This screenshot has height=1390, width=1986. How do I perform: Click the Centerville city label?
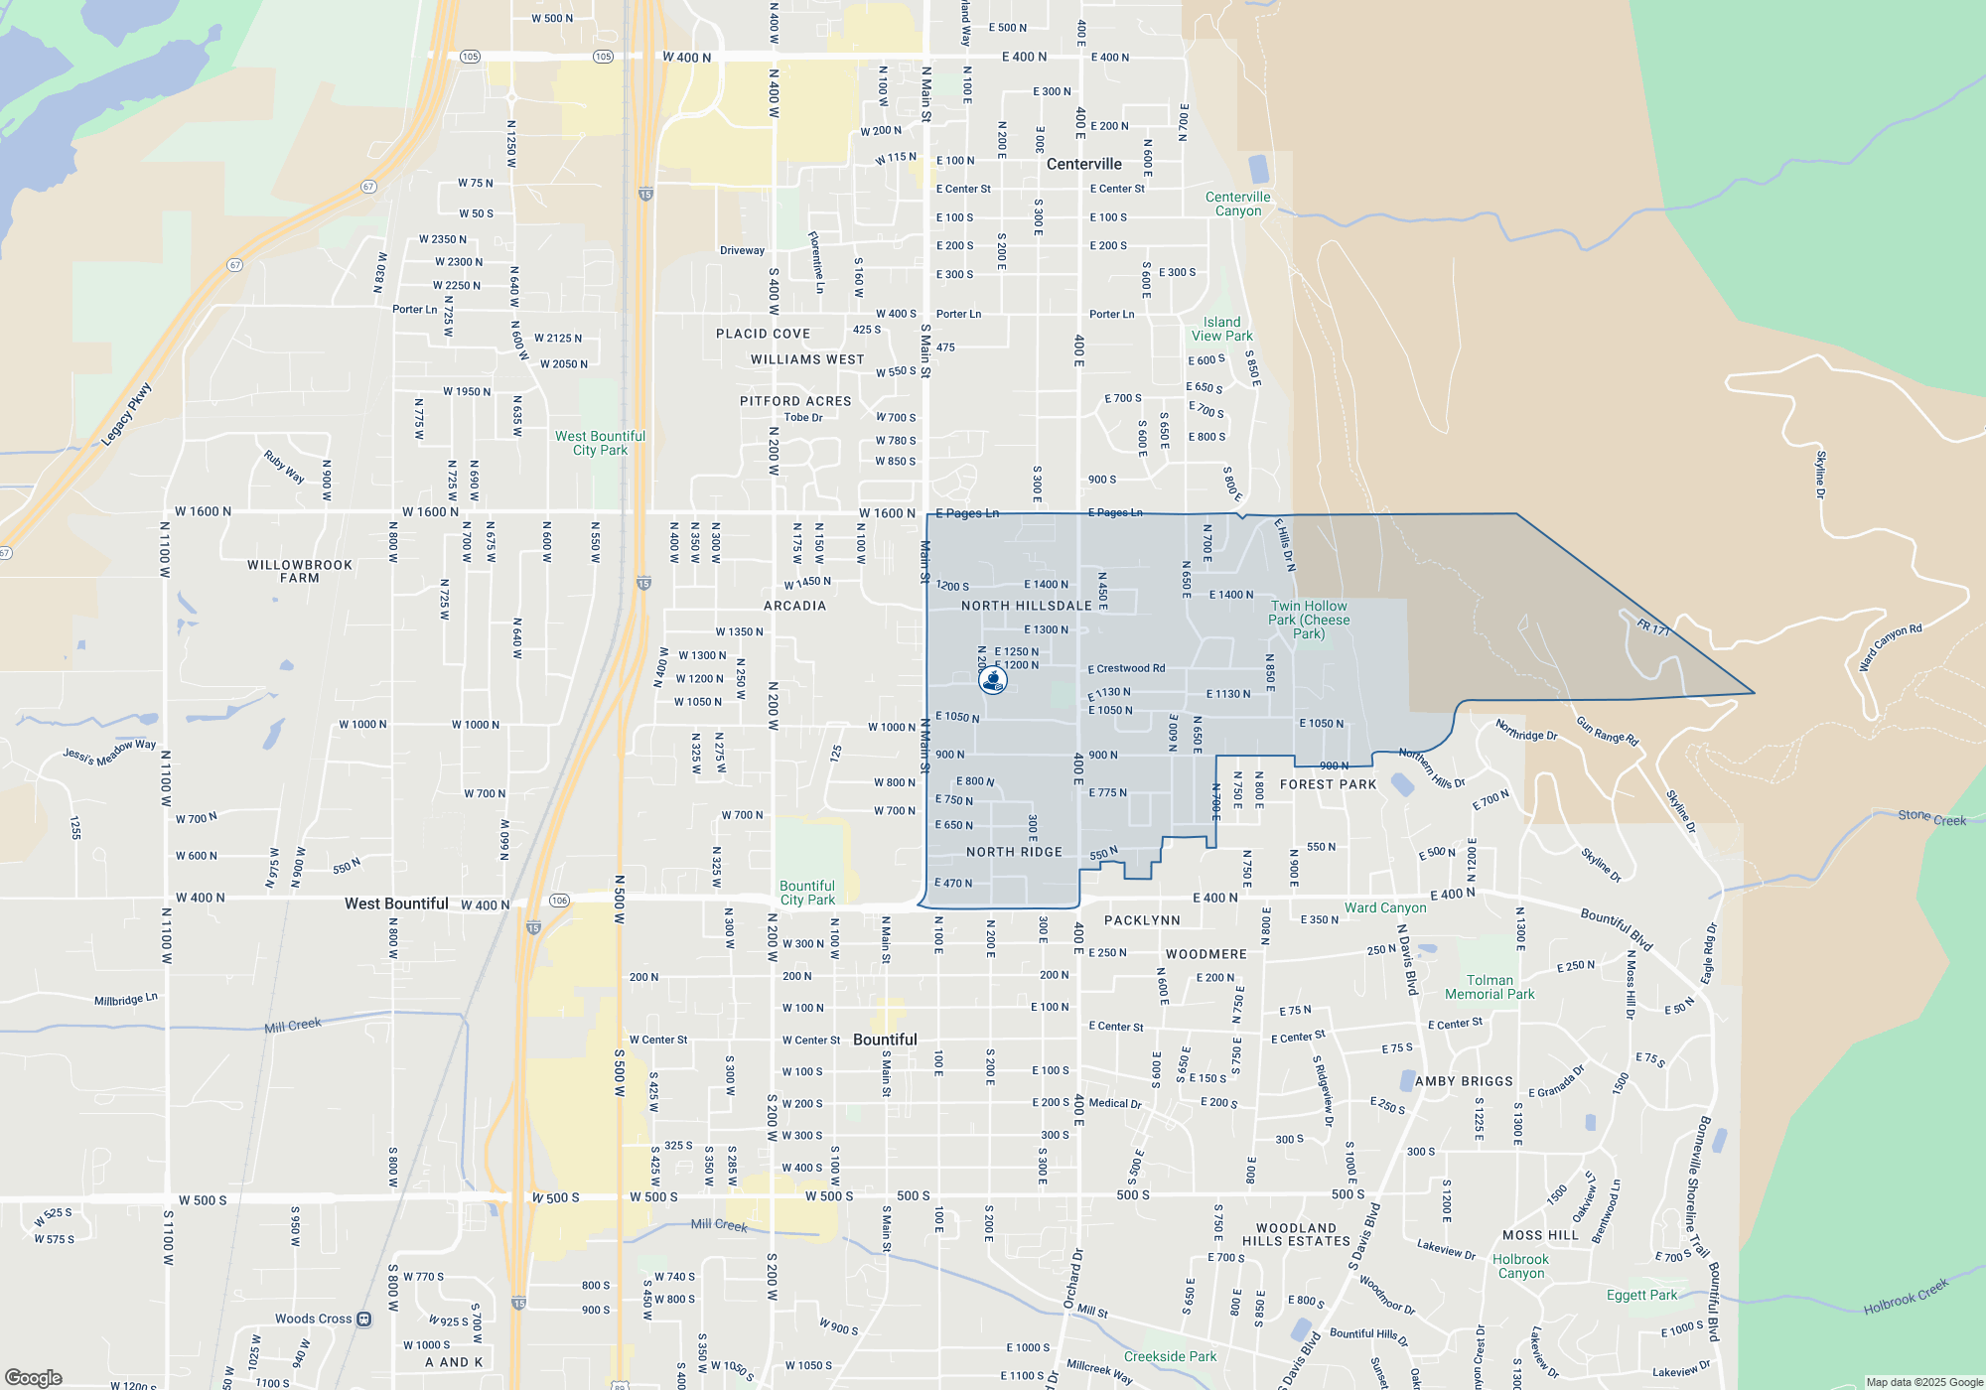pyautogui.click(x=1083, y=164)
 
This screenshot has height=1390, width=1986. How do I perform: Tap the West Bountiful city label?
pyautogui.click(x=396, y=903)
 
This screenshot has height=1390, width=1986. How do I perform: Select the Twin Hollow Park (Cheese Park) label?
pyautogui.click(x=1309, y=620)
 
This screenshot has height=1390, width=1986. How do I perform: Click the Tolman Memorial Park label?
pyautogui.click(x=1489, y=987)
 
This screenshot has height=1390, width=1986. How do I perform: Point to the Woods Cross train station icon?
pyautogui.click(x=364, y=1320)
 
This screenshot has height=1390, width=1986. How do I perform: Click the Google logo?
pyautogui.click(x=34, y=1378)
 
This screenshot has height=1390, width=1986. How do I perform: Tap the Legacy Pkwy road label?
pyautogui.click(x=127, y=414)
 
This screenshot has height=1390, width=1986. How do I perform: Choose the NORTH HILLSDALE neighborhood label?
pyautogui.click(x=1026, y=606)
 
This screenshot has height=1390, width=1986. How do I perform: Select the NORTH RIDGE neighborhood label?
pyautogui.click(x=1014, y=852)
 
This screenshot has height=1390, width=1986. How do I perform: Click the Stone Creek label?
pyautogui.click(x=1931, y=817)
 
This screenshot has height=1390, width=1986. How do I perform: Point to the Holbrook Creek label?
pyautogui.click(x=1906, y=1297)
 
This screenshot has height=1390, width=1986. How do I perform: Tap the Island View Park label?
pyautogui.click(x=1221, y=329)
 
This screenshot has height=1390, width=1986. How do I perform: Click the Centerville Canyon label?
pyautogui.click(x=1237, y=204)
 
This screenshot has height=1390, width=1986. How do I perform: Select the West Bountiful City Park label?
pyautogui.click(x=600, y=443)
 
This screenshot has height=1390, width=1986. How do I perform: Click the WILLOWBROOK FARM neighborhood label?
pyautogui.click(x=300, y=571)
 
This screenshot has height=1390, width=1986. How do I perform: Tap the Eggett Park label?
pyautogui.click(x=1641, y=1295)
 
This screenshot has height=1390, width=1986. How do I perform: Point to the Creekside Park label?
pyautogui.click(x=1170, y=1356)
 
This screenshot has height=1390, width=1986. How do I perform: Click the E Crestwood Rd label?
pyautogui.click(x=1126, y=669)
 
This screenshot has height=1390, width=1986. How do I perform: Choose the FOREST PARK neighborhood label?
pyautogui.click(x=1328, y=784)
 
